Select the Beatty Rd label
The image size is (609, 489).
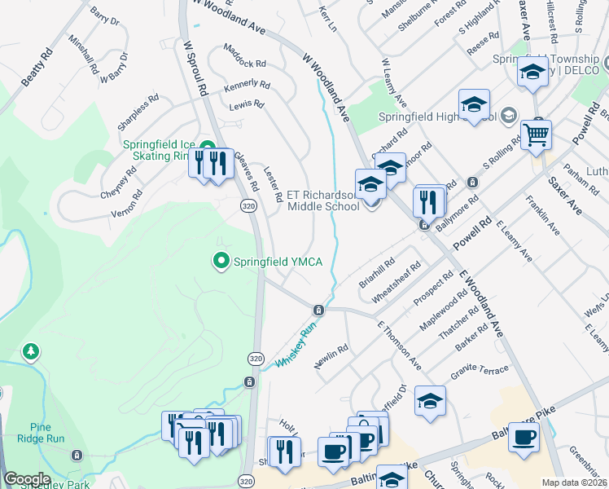click(37, 68)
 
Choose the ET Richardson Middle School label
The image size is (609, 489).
click(323, 200)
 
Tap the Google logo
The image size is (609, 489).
click(28, 479)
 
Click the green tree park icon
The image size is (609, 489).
click(31, 352)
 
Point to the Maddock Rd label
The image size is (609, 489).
click(244, 56)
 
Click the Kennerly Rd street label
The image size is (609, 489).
click(247, 84)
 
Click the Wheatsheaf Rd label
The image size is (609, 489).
click(397, 282)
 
